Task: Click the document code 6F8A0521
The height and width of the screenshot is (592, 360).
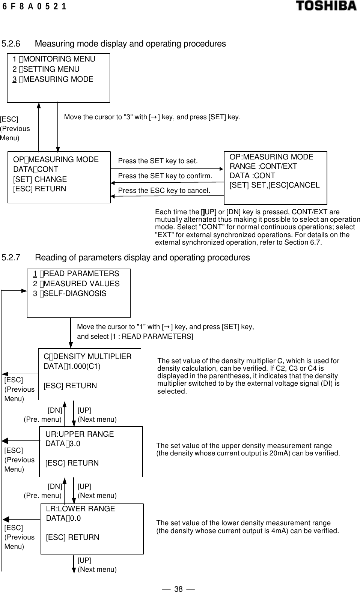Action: [34, 6]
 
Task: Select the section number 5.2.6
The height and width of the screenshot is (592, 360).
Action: [11, 44]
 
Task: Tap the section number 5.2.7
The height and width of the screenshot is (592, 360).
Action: [11, 258]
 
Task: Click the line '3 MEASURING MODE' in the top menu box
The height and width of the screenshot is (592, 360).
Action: [53, 79]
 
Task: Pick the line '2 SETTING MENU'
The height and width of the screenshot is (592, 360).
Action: [46, 69]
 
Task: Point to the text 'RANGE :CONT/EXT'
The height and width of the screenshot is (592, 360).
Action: [263, 166]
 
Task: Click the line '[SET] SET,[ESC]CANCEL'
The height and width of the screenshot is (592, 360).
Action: [274, 185]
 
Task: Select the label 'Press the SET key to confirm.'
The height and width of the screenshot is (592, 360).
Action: [165, 176]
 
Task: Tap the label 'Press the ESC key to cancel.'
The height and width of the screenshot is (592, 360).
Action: [164, 191]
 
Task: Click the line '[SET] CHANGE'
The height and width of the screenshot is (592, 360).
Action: [40, 179]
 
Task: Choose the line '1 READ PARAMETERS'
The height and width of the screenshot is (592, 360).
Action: [76, 274]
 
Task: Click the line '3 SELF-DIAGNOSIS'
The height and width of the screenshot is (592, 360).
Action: [70, 293]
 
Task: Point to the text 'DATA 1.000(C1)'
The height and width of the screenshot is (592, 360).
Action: [72, 366]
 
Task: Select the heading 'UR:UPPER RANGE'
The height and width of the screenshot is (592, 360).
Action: [80, 434]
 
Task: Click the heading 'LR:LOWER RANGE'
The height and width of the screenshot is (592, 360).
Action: [80, 509]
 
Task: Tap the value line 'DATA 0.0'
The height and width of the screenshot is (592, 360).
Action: [63, 518]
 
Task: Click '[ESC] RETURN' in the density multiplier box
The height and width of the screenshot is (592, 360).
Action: [70, 386]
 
